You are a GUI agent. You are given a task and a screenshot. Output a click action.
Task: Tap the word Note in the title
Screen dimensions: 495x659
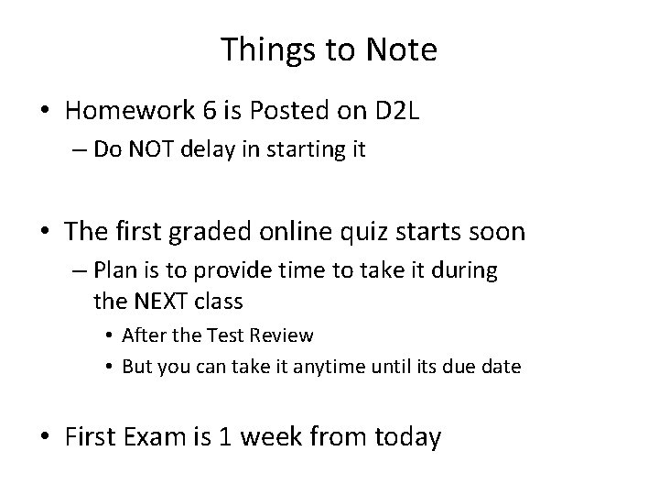(402, 50)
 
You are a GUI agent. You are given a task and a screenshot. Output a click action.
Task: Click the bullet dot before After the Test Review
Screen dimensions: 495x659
(109, 336)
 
